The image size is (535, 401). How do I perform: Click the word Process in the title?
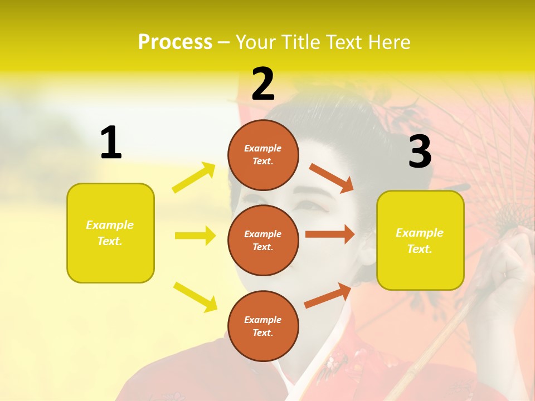(175, 42)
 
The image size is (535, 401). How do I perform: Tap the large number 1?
(111, 143)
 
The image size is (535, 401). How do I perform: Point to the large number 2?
(263, 84)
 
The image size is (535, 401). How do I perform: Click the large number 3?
(420, 151)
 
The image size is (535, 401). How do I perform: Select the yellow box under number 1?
(110, 233)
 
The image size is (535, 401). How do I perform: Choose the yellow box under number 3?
(420, 241)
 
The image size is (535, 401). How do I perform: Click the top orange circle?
(263, 154)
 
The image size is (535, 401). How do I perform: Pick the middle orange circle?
(263, 240)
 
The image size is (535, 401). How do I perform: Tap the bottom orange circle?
(263, 326)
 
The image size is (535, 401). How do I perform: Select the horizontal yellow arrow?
(195, 236)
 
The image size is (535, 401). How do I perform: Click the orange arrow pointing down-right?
(332, 178)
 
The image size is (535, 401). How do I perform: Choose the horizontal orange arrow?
(330, 234)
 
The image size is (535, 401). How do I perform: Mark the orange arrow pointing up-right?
(328, 296)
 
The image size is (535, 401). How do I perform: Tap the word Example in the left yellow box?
(110, 225)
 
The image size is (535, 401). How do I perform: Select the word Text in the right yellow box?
(419, 249)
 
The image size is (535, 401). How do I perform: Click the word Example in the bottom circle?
(262, 320)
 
